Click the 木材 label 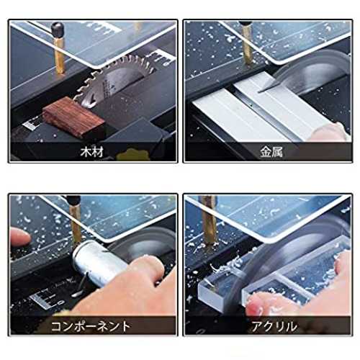click(92, 152)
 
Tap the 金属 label click(271, 152)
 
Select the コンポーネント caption click(91, 326)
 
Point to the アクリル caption click(274, 326)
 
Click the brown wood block click(73, 117)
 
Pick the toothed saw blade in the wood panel click(113, 79)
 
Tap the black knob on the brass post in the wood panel click(58, 29)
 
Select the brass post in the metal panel click(248, 45)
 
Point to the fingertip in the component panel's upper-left click(20, 237)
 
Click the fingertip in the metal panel click(330, 132)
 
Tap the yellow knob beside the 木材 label click(131, 155)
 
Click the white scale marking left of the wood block click(32, 124)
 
